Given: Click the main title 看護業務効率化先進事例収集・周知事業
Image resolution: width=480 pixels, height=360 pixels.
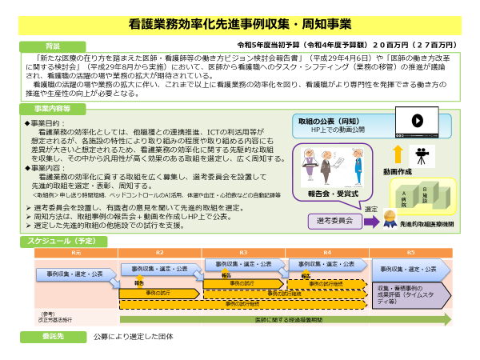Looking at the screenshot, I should coord(240,23).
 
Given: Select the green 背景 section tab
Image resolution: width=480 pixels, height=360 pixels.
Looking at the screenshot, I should coord(54,46).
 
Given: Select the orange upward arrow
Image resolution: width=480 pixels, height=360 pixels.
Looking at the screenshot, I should coord(398,152).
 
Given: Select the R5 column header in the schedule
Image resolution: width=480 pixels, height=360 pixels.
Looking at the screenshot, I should coord(410,253).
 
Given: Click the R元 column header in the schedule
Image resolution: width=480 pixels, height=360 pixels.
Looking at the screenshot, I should coord(76,253).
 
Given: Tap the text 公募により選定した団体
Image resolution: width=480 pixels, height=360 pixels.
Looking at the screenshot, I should coord(134,337).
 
